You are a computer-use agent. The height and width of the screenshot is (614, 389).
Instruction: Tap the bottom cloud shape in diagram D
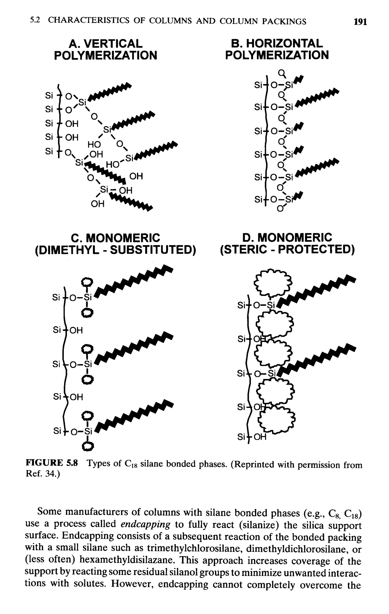click(276, 420)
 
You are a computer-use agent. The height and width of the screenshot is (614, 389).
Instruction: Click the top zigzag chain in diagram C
click(134, 281)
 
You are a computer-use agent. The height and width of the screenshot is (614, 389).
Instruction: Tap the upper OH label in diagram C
click(76, 330)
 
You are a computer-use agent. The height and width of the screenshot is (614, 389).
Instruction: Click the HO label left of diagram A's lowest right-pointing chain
click(112, 165)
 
